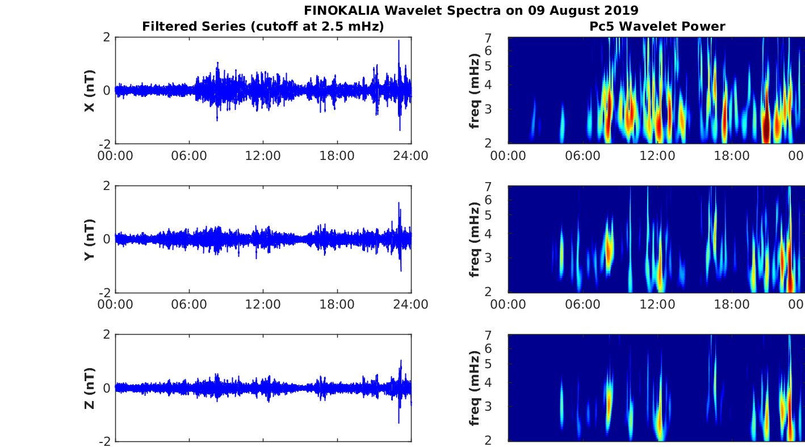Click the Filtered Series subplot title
click(263, 26)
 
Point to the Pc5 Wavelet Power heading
click(657, 26)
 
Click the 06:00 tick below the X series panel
click(189, 155)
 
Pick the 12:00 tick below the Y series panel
click(263, 304)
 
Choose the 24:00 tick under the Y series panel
click(410, 304)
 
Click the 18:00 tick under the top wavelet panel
click(731, 155)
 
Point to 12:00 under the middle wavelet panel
click(657, 304)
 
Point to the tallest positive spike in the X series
click(399, 41)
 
